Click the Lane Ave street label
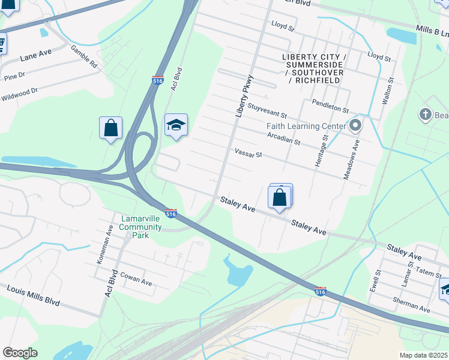[35, 55]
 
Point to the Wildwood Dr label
[19, 94]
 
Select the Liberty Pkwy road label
[244, 95]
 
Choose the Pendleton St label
[330, 106]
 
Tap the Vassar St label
[249, 154]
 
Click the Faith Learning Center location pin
[355, 126]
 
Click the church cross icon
[426, 114]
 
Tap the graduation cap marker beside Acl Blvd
[176, 125]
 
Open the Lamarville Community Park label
[140, 226]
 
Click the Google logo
[20, 353]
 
